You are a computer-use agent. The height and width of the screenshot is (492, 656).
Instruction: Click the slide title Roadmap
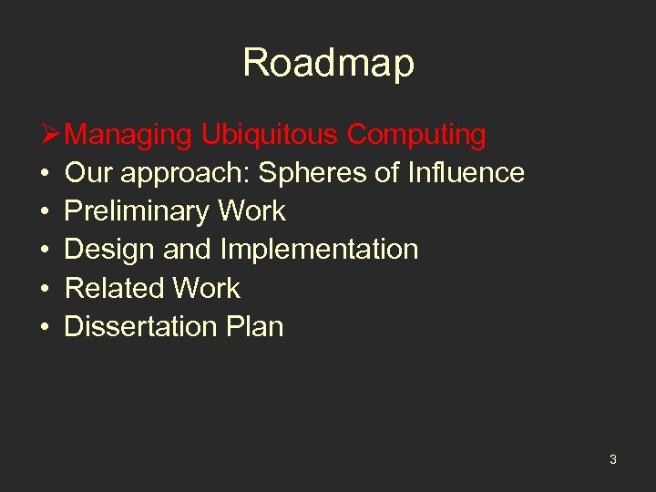point(328,63)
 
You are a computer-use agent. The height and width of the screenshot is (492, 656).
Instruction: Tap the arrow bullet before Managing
point(52,135)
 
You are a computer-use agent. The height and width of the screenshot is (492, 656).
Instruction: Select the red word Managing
point(129,135)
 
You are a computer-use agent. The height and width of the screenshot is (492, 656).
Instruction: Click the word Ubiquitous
point(271,135)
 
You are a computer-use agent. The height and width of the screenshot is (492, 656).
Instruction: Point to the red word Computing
point(416,135)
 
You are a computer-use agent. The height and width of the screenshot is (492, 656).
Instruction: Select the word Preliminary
point(135,211)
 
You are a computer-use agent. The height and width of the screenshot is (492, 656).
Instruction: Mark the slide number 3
point(612,459)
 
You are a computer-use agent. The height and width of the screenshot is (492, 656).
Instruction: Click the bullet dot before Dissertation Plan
point(44,327)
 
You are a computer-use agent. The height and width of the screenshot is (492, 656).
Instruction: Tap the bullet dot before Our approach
point(44,174)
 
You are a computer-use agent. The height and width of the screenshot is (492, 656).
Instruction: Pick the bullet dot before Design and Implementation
point(44,251)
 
